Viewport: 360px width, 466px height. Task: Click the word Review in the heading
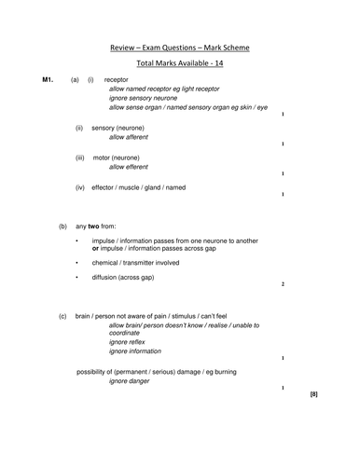click(x=127, y=47)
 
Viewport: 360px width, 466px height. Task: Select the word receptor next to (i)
click(x=118, y=80)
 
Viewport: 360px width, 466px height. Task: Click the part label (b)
click(x=62, y=226)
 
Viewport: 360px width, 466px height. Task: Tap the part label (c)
click(x=62, y=317)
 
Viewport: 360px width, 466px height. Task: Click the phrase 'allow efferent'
click(x=133, y=168)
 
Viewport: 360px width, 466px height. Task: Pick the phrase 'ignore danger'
click(x=133, y=382)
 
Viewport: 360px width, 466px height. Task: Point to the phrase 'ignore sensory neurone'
click(x=149, y=98)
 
